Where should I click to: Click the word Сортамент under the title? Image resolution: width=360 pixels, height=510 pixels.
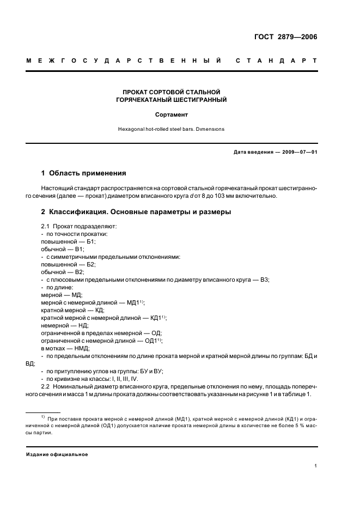[172, 115]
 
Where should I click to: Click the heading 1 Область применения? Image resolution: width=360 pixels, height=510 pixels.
[83, 173]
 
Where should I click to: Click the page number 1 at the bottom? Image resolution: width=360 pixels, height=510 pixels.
[316, 465]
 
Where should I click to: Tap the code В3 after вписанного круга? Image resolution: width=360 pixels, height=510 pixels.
[264, 280]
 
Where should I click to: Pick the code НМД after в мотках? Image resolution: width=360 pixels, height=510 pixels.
[82, 348]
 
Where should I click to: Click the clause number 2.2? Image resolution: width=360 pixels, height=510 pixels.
[46, 386]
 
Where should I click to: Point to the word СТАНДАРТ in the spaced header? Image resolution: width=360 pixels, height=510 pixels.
[276, 59]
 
